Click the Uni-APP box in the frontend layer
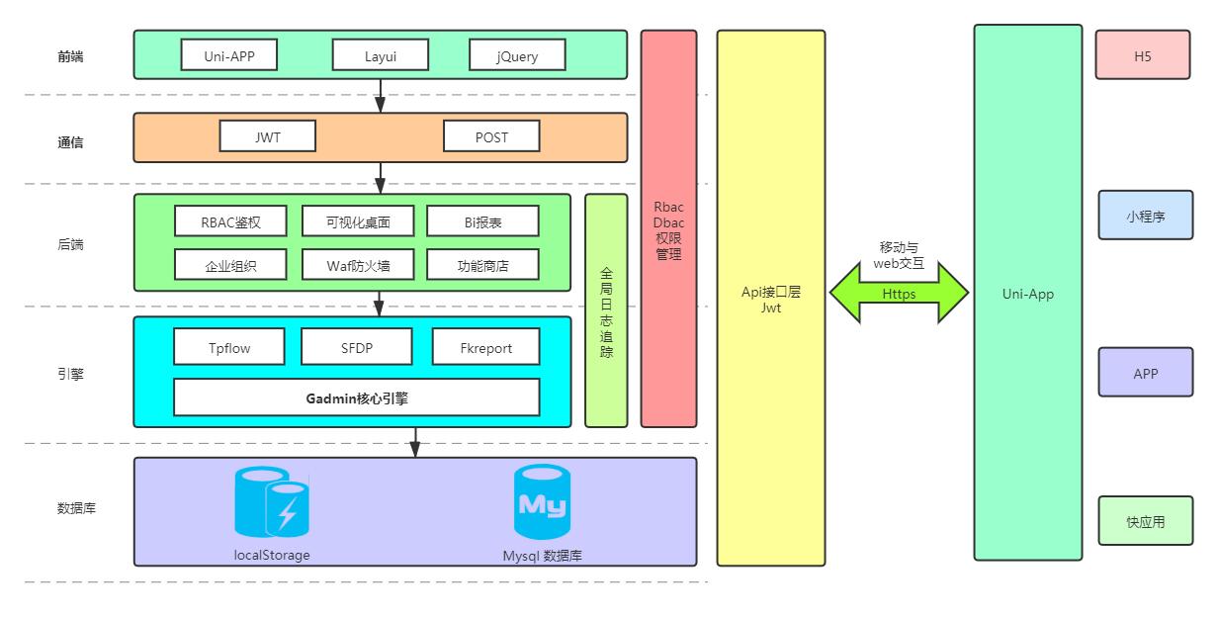coord(229,55)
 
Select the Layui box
coord(380,55)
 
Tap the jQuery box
coord(517,55)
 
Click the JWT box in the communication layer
coord(268,136)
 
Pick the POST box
coord(491,136)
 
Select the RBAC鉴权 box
coord(230,221)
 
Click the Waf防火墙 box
coord(357,264)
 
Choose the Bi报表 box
coord(482,221)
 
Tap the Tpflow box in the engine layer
coord(229,347)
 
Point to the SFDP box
coord(356,347)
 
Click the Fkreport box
coord(485,347)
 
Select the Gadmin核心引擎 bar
coord(356,397)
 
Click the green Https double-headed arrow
coord(899,294)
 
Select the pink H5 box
coord(1142,55)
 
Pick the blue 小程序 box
coord(1145,216)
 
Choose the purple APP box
coord(1145,374)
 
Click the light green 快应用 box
coord(1145,521)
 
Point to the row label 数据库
coord(76,508)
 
